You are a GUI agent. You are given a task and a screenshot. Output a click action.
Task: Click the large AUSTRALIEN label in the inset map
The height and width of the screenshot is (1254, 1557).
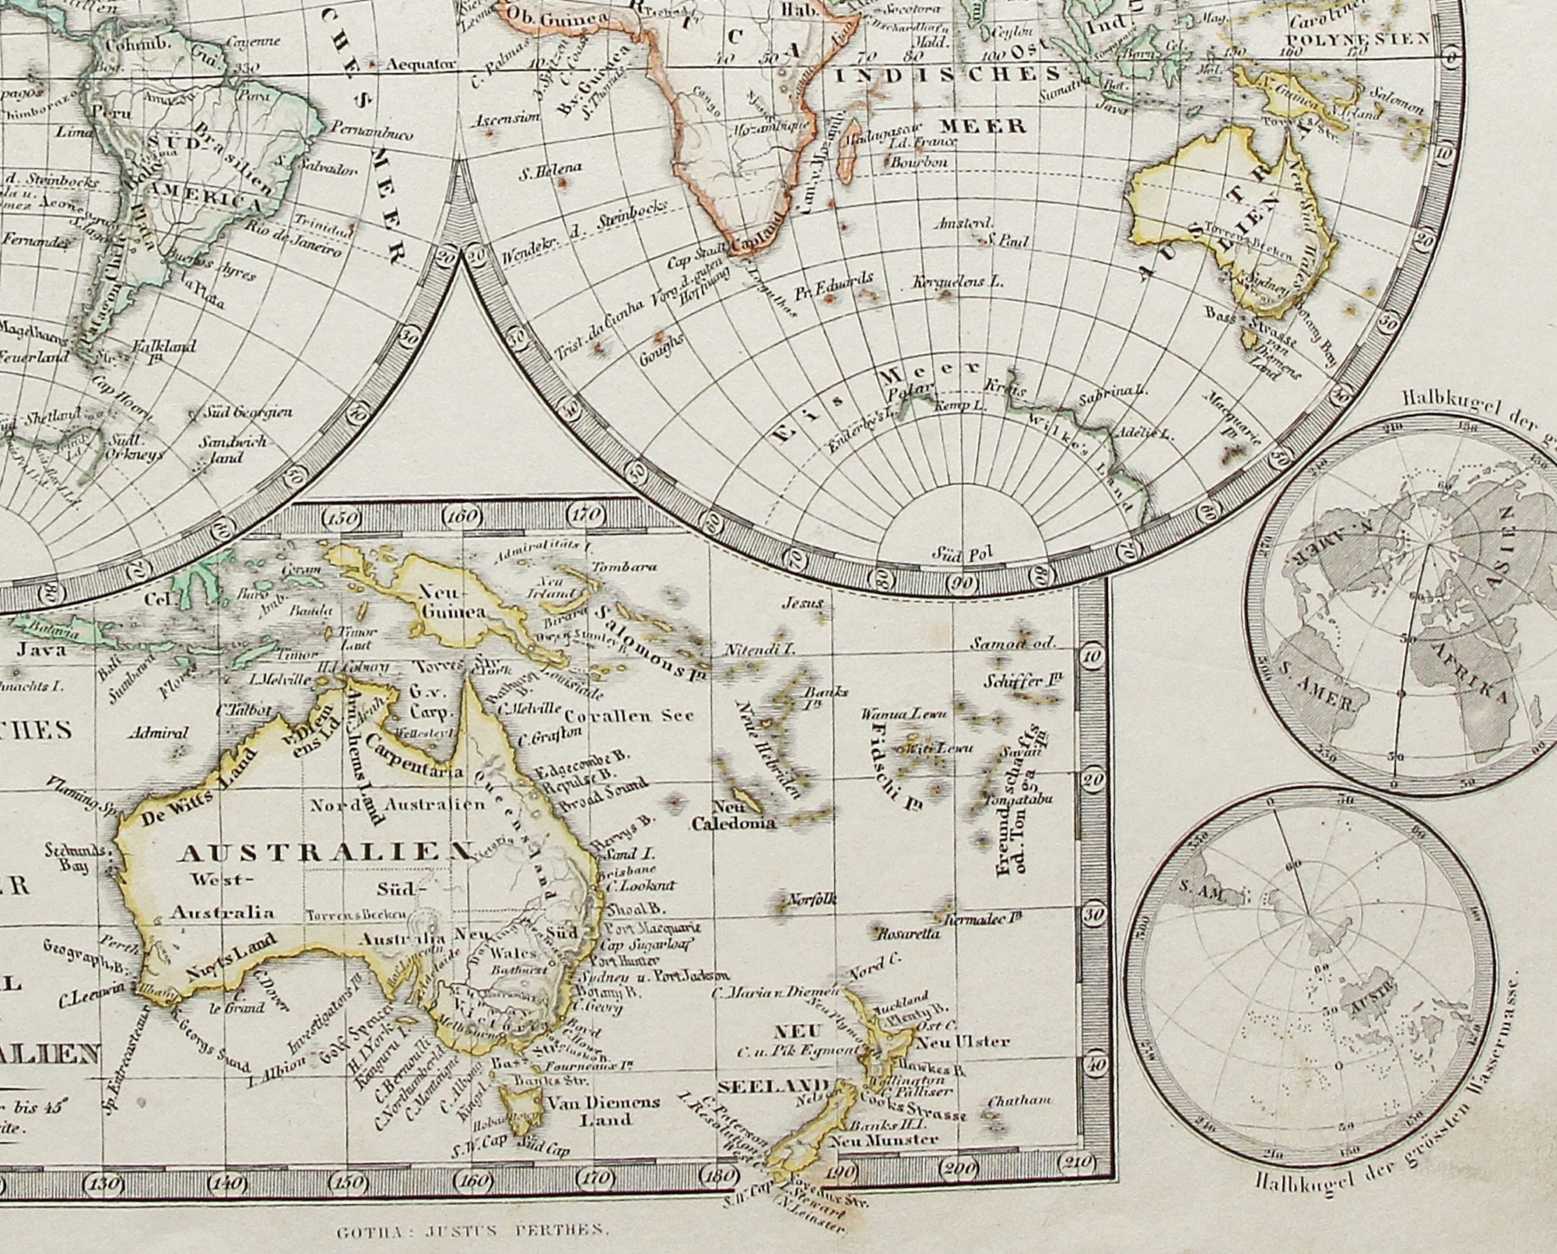(x=325, y=853)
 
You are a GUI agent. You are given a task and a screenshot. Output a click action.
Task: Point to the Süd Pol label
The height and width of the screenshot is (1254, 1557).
(x=964, y=554)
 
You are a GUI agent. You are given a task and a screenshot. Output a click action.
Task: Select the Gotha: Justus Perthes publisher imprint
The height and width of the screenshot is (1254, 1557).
(x=472, y=1231)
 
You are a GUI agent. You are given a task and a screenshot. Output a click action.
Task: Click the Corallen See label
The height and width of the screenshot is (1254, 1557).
(x=629, y=716)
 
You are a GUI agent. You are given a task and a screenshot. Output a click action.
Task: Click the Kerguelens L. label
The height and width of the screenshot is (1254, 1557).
(x=958, y=283)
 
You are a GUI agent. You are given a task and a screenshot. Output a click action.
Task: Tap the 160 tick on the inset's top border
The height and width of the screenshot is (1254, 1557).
(x=464, y=516)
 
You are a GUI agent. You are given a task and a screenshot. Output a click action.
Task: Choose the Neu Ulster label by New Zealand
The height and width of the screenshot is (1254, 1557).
(x=964, y=1041)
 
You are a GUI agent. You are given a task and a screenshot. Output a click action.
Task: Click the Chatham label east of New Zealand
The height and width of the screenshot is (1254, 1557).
(x=1019, y=1101)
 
